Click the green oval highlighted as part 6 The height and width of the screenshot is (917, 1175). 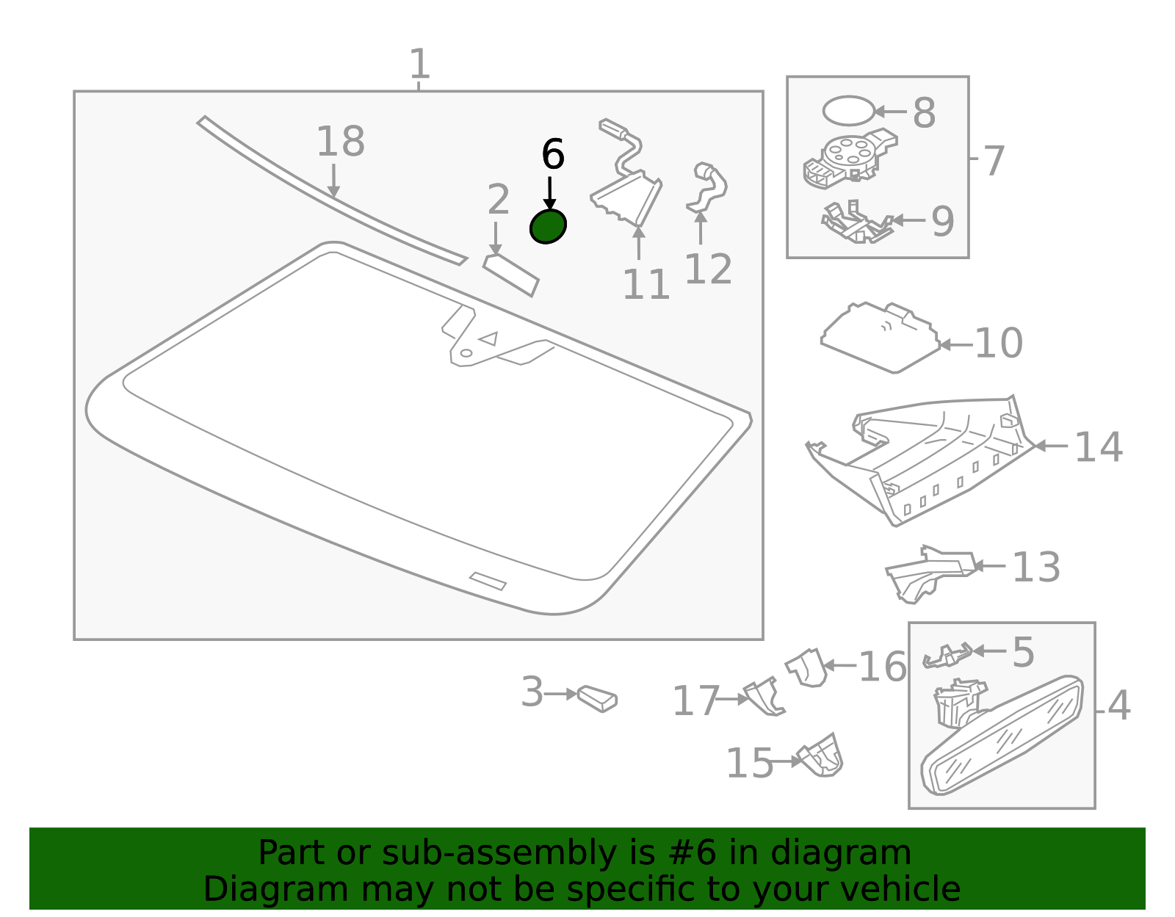pyautogui.click(x=548, y=226)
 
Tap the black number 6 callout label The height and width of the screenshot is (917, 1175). pyautogui.click(x=552, y=155)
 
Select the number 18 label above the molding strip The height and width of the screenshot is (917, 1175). pyautogui.click(x=340, y=142)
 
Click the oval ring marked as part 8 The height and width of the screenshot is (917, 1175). pyautogui.click(x=848, y=111)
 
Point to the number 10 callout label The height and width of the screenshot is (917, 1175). pyautogui.click(x=999, y=343)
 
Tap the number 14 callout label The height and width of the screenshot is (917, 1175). pyautogui.click(x=1098, y=447)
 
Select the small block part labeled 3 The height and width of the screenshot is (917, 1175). pyautogui.click(x=597, y=698)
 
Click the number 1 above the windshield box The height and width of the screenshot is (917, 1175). pyautogui.click(x=419, y=65)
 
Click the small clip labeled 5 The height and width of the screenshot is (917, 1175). pyautogui.click(x=947, y=654)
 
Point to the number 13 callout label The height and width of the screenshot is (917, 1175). pyautogui.click(x=1035, y=567)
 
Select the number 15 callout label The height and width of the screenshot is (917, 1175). pyautogui.click(x=749, y=764)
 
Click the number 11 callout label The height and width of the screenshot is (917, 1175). pyautogui.click(x=646, y=285)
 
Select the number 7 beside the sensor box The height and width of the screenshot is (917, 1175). pyautogui.click(x=993, y=161)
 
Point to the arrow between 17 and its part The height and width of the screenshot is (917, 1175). pyautogui.click(x=731, y=699)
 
